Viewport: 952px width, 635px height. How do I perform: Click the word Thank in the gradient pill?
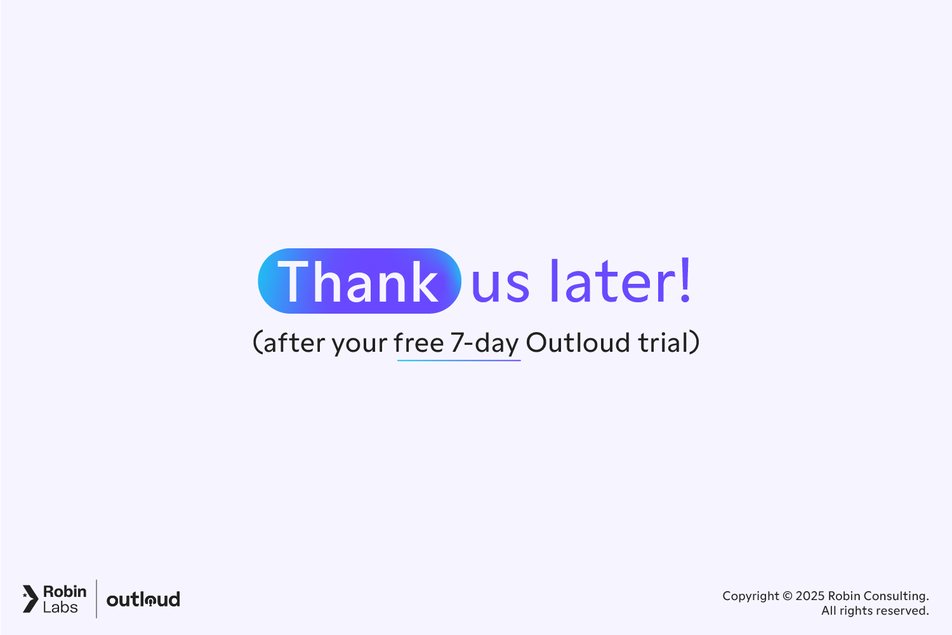coord(359,282)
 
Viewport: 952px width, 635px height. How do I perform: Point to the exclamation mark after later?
coord(685,280)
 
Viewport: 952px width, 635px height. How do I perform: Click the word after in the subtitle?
coord(294,343)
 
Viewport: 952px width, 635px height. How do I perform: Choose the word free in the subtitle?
coord(419,343)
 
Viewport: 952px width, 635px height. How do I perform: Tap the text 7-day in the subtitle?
coord(485,344)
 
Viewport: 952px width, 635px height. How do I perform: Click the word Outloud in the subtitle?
coord(578,343)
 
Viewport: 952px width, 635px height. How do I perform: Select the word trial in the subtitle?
coord(663,343)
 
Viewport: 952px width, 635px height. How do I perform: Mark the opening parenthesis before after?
coord(257,343)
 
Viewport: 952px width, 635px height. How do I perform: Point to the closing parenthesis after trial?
coord(695,343)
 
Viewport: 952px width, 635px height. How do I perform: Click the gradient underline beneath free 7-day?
coord(459,361)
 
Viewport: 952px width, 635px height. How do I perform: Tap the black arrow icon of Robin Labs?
coord(30,599)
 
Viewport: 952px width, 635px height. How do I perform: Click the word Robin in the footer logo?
coord(65,591)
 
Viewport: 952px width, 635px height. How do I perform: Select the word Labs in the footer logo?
coord(60,608)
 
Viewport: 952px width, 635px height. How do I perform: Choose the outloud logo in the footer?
coord(143,599)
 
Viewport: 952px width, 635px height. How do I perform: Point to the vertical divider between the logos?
coord(96,599)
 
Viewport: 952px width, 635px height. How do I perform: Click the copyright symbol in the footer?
coord(787,596)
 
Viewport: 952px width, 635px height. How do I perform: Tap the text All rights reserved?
coord(875,611)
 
